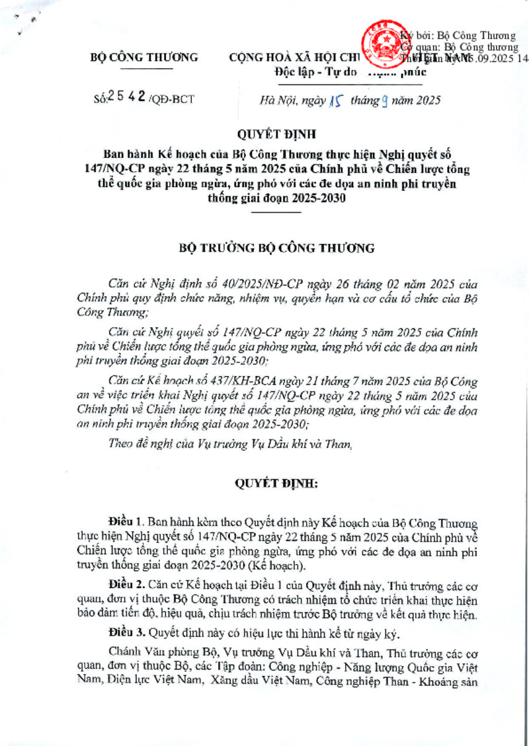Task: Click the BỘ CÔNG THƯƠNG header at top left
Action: [143, 57]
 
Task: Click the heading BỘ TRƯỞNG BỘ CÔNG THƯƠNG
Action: [277, 248]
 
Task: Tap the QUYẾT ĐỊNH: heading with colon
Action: [277, 484]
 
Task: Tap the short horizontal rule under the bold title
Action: [276, 213]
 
